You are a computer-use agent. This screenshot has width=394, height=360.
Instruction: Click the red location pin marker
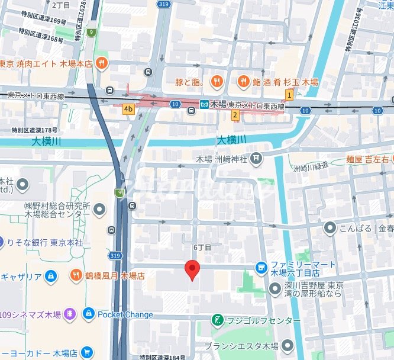[x=192, y=269]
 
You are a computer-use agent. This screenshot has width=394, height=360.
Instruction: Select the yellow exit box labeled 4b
[x=128, y=109]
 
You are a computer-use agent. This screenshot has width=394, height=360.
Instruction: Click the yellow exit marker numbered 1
[x=289, y=95]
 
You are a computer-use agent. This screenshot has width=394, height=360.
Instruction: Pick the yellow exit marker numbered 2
[x=235, y=115]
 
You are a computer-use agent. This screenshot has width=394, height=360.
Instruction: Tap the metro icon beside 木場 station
[x=204, y=105]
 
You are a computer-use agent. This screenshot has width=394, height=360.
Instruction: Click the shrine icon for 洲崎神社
[x=255, y=158]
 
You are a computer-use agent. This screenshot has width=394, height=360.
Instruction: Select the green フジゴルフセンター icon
[x=217, y=320]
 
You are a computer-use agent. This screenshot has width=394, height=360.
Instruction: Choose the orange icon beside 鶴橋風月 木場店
[x=76, y=275]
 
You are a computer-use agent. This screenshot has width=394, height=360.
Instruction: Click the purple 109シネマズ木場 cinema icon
[x=70, y=313]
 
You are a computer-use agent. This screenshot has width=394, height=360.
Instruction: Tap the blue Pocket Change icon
[x=89, y=314]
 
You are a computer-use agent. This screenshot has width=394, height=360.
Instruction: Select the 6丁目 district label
[x=202, y=246]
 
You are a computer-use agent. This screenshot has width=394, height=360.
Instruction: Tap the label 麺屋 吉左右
[x=370, y=159]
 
